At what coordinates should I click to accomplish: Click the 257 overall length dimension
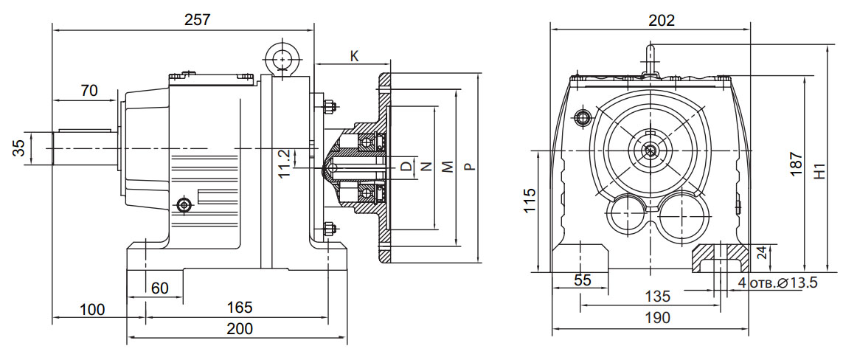[x=198, y=21]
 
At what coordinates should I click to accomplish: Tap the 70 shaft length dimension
[x=89, y=91]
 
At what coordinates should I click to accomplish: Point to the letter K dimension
[x=354, y=56]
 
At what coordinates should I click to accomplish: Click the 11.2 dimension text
[x=284, y=162]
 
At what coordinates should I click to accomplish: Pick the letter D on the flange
[x=406, y=166]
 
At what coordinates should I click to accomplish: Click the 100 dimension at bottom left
[x=92, y=309]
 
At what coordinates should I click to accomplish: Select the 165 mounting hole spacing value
[x=240, y=306]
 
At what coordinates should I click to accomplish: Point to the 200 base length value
[x=239, y=328]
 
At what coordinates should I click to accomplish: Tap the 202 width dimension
[x=661, y=21]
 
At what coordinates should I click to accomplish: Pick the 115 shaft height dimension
[x=530, y=201]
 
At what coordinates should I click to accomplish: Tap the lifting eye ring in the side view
[x=281, y=58]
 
